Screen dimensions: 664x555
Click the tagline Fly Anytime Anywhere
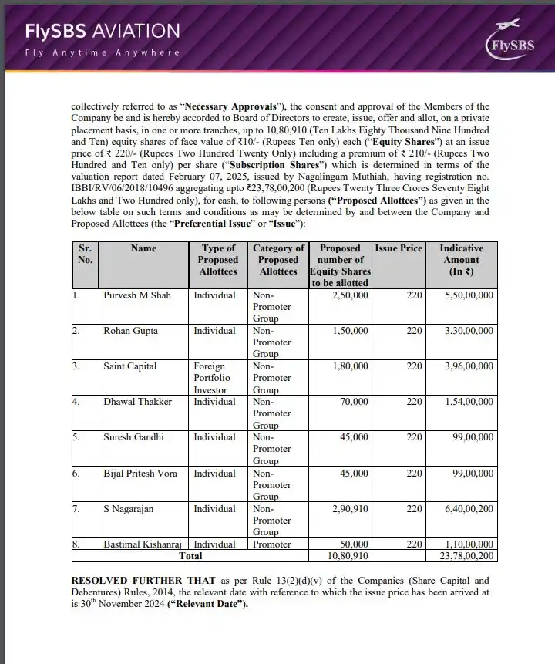pyautogui.click(x=102, y=52)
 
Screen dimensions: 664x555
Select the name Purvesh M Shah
pyautogui.click(x=137, y=295)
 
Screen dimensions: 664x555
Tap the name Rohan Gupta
pyautogui.click(x=130, y=331)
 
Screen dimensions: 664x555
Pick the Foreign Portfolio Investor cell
pyautogui.click(x=217, y=378)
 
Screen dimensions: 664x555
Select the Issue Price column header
pyautogui.click(x=399, y=248)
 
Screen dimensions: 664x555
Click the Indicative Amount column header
pyautogui.click(x=461, y=260)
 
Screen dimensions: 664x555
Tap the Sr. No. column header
pyautogui.click(x=85, y=254)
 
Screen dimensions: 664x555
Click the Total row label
pyautogui.click(x=190, y=555)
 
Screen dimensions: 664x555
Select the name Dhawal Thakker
pyautogui.click(x=138, y=402)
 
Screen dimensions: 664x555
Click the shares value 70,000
pyautogui.click(x=354, y=402)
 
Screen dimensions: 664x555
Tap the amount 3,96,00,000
pyautogui.click(x=466, y=366)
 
